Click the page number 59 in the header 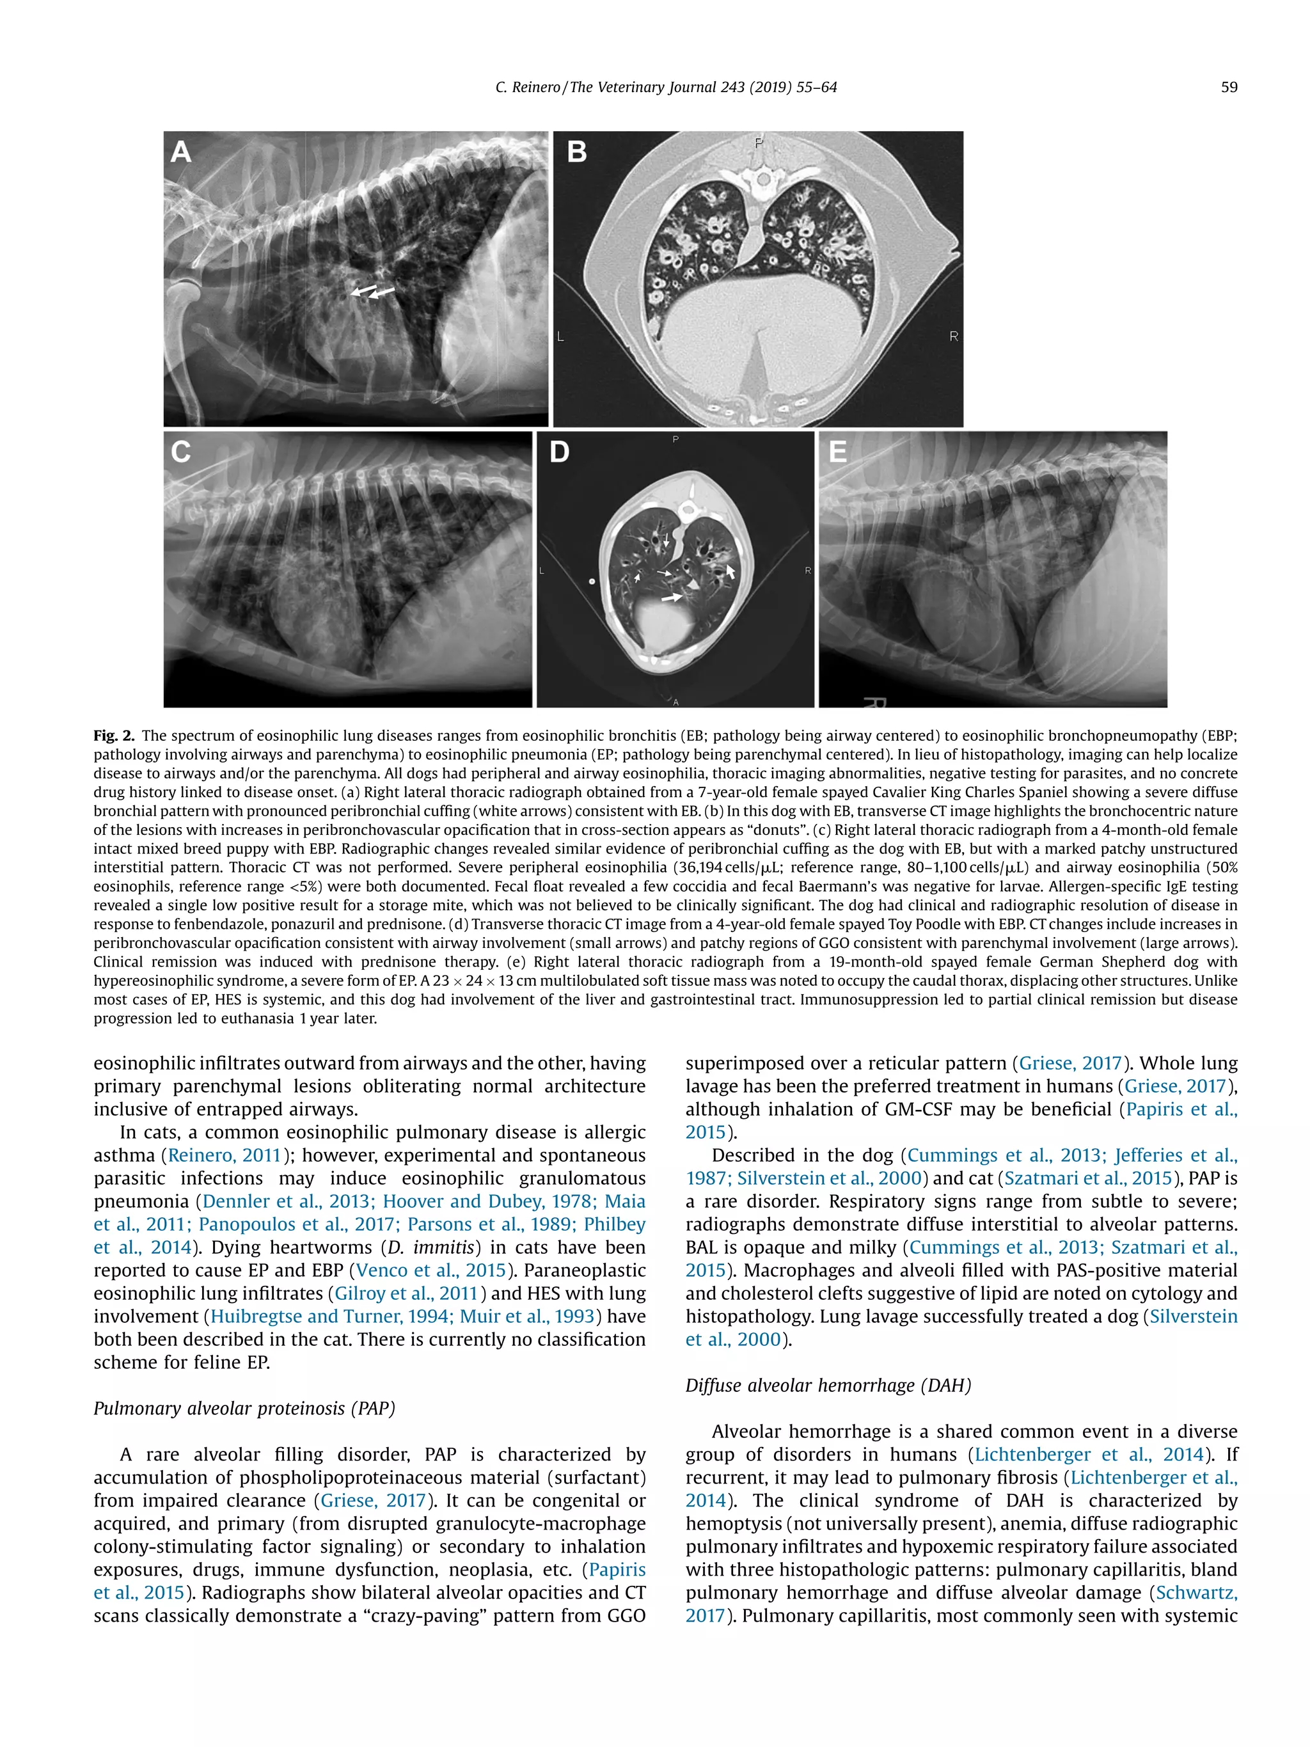[1229, 88]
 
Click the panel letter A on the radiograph [181, 151]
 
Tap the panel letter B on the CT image [577, 152]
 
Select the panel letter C [181, 452]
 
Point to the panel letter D [559, 452]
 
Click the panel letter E [838, 452]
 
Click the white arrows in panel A [373, 292]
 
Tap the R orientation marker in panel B [953, 336]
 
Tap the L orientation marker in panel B [560, 337]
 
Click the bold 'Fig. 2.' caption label [114, 735]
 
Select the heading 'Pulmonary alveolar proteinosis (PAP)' [244, 1408]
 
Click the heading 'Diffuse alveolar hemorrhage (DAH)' [828, 1386]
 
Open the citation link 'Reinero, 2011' [225, 1155]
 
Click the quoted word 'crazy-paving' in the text [422, 1615]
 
